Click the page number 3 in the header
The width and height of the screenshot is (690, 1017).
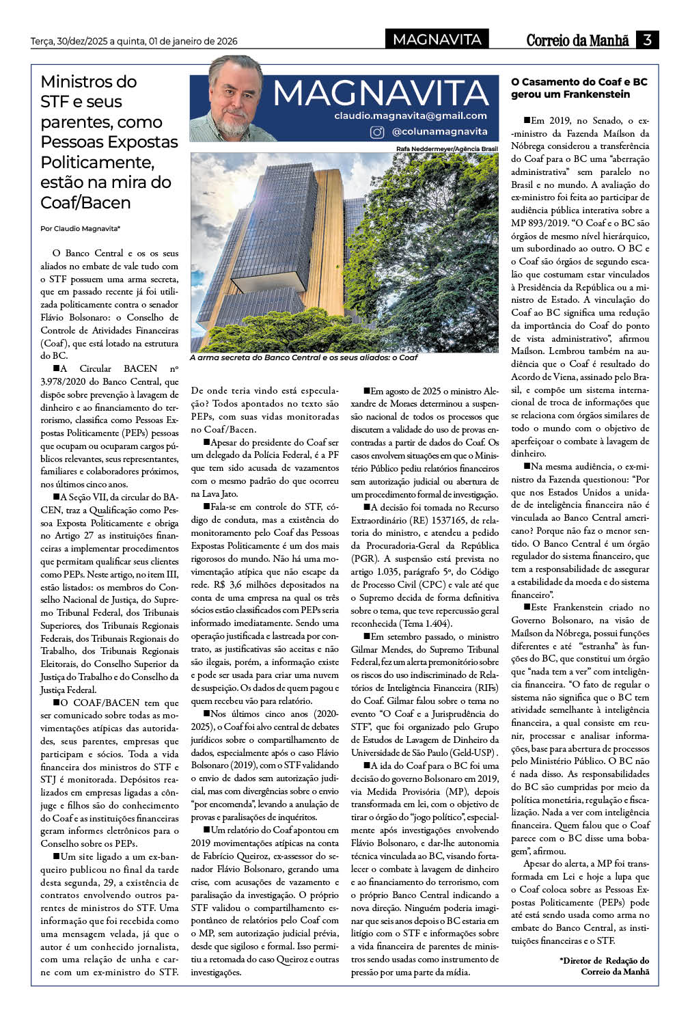pos(646,40)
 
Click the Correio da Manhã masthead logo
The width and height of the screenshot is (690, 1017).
pos(577,40)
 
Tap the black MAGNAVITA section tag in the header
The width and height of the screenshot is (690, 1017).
pos(437,40)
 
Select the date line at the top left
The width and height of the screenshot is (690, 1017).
pos(134,42)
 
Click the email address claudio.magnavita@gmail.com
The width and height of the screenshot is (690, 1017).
pos(411,116)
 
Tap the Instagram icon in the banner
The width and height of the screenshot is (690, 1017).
pos(376,132)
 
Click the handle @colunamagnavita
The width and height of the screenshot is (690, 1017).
pos(439,131)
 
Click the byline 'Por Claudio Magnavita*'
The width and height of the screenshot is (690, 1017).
pos(81,229)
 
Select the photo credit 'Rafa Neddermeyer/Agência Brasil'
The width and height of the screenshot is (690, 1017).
pos(447,148)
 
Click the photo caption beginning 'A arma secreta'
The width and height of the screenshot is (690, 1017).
pos(303,357)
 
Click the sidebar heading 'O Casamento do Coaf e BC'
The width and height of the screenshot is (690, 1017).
pos(579,82)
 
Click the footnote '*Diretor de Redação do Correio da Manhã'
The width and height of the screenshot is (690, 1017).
pos(605,966)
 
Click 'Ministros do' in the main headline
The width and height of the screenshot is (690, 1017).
pos(89,82)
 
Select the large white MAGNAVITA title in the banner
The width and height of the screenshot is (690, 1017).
pos(381,93)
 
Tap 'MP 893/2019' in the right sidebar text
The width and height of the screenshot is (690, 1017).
pos(537,223)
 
